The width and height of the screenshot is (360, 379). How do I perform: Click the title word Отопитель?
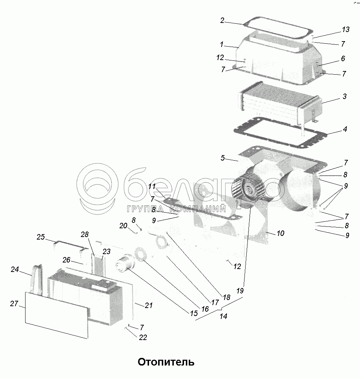point(166,362)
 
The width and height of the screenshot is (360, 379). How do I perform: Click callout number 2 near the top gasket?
point(222,20)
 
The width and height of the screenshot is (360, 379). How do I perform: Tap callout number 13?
point(346,29)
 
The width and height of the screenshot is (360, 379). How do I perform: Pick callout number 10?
point(280,233)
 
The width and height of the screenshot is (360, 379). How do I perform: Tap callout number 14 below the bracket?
point(223,316)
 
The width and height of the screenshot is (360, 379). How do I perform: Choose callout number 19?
point(240,291)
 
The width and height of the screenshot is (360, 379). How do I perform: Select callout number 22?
point(143,337)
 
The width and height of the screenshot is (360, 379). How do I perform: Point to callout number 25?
point(40,237)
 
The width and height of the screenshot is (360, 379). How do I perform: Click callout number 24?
point(15,270)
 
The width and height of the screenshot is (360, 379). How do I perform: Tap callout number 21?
point(148,305)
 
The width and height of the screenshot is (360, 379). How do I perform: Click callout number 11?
point(152,186)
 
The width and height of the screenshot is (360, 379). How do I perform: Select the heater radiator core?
point(277,106)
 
